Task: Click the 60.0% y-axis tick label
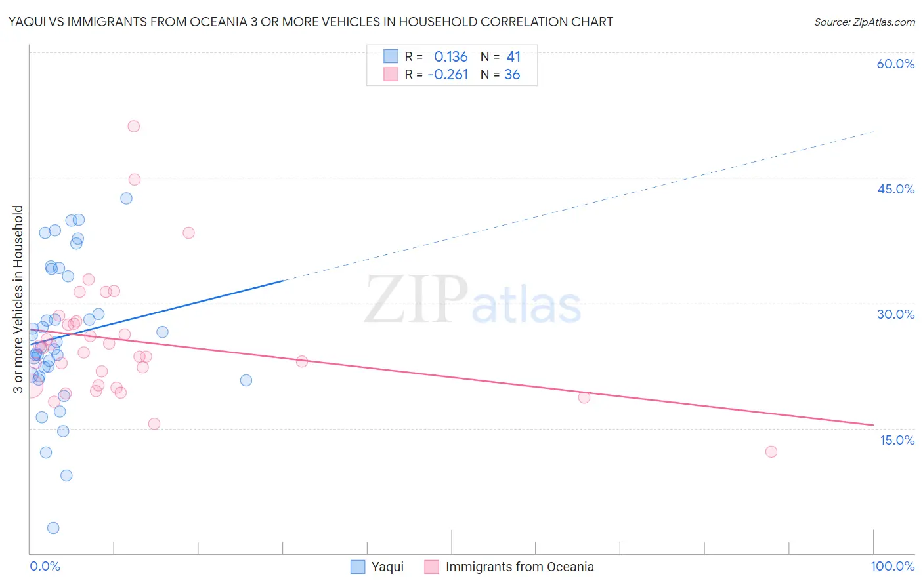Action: click(x=895, y=64)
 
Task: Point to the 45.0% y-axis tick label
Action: click(x=895, y=189)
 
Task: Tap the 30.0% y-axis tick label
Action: click(x=895, y=314)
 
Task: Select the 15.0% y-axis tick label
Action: click(x=897, y=440)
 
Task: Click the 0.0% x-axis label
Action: click(x=45, y=566)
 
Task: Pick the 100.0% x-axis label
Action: click(x=892, y=566)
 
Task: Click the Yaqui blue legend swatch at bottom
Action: click(x=358, y=567)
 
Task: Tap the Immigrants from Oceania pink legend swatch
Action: click(x=431, y=567)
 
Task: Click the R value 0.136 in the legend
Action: click(x=450, y=57)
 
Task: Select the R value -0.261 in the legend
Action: click(x=448, y=75)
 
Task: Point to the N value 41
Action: click(x=513, y=57)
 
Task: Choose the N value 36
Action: click(x=512, y=75)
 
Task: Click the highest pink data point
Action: click(x=134, y=127)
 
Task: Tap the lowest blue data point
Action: click(x=53, y=528)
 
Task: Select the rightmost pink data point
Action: click(x=771, y=452)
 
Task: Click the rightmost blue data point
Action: click(x=246, y=380)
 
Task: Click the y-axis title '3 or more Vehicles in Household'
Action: click(x=18, y=299)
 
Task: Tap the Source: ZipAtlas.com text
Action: click(x=864, y=22)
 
